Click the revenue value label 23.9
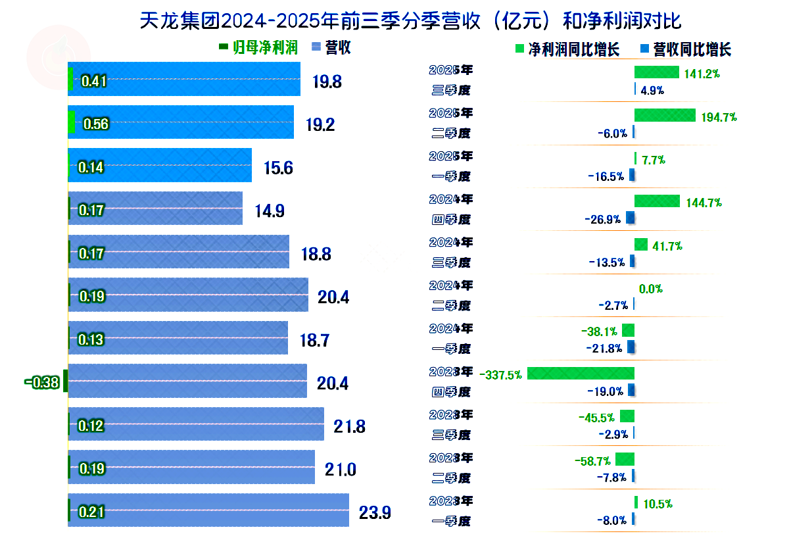(375, 512)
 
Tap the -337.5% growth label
(501, 375)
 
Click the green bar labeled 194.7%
(665, 115)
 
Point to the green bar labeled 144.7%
(657, 201)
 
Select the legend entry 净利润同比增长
(573, 49)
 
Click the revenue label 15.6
(278, 168)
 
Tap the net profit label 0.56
(96, 124)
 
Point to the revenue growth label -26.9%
(602, 220)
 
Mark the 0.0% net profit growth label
(650, 289)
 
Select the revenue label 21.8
(349, 426)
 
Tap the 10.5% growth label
(657, 504)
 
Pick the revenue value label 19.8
(327, 82)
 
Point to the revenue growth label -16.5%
(605, 176)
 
